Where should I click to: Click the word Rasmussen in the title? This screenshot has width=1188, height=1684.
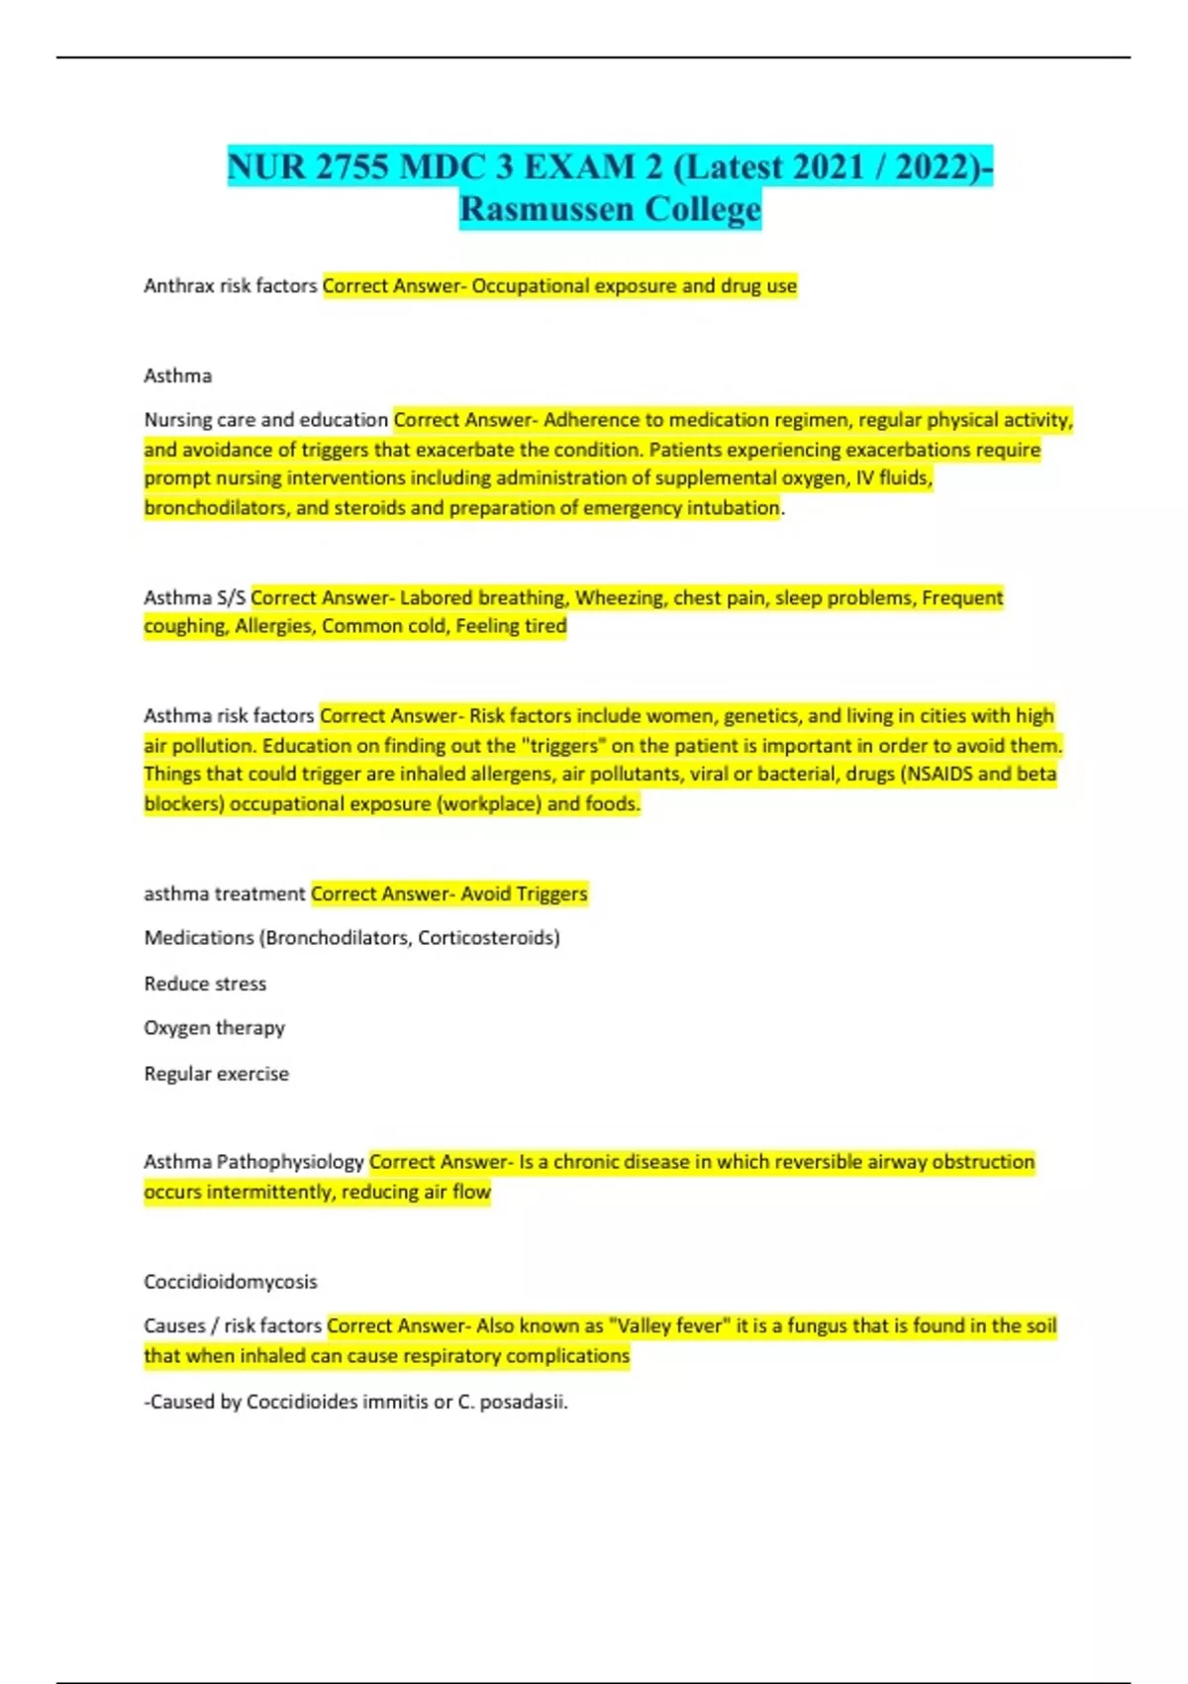[545, 209]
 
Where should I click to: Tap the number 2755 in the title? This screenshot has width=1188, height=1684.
[351, 166]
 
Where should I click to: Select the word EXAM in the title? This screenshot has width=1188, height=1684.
[580, 166]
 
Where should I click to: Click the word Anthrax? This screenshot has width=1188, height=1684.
[178, 286]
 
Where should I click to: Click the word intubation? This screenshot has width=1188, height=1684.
[734, 508]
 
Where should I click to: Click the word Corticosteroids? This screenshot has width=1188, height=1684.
[488, 938]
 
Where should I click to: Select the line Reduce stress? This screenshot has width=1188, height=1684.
[205, 984]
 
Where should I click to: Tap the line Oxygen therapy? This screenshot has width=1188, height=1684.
[215, 1028]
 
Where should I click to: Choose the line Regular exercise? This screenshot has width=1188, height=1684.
[217, 1074]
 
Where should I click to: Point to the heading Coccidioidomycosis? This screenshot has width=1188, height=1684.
[231, 1282]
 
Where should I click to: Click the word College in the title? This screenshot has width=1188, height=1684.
[703, 209]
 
